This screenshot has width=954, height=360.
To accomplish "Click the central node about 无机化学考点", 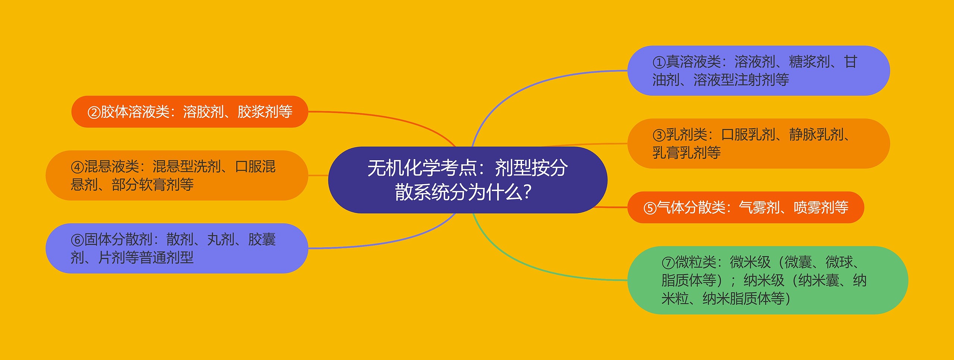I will (467, 180).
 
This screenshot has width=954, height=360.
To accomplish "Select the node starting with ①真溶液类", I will (758, 70).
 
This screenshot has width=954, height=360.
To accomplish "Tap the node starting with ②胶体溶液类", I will (189, 112).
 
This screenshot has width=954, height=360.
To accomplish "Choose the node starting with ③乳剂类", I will (758, 143).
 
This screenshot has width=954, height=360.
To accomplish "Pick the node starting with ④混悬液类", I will (177, 176).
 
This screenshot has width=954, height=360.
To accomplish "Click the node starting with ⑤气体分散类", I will (745, 208).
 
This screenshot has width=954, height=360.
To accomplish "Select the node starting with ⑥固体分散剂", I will (177, 249).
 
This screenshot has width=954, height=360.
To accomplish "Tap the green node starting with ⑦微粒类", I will (768, 280).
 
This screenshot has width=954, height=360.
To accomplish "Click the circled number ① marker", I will (659, 62).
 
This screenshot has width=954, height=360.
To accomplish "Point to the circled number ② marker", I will (94, 112).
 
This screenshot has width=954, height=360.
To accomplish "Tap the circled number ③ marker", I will (659, 135).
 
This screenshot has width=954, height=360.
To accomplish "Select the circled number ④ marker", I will (77, 167).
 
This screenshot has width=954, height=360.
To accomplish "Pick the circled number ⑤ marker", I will (650, 208).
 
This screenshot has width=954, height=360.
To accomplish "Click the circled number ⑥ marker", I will (77, 240).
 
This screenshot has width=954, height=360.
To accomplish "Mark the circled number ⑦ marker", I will (668, 263).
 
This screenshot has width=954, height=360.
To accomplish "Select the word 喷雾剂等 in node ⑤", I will (821, 208).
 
